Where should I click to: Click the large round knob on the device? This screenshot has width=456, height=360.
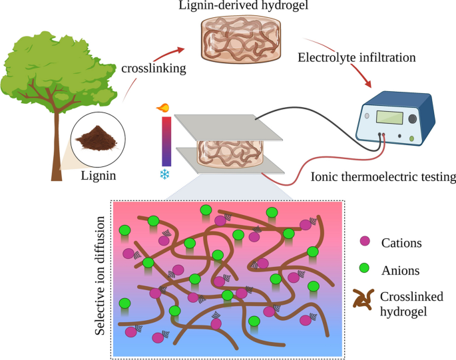414,119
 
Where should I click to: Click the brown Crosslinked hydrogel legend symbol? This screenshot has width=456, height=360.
363,301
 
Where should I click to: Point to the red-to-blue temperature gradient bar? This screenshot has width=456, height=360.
166,141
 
